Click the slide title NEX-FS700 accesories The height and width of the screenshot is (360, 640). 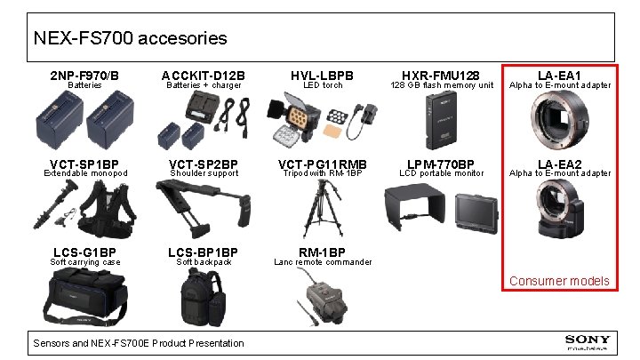130,39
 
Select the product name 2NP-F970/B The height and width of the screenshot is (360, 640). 84,75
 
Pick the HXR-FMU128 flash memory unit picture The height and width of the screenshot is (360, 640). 442,120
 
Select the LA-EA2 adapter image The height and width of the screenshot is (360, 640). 558,210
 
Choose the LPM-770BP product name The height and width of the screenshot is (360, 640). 441,164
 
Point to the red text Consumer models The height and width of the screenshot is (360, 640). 558,281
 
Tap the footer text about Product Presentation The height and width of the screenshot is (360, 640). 138,343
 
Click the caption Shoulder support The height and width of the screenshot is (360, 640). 204,173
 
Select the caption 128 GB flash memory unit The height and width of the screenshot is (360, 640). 442,85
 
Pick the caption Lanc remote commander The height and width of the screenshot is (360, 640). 322,262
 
